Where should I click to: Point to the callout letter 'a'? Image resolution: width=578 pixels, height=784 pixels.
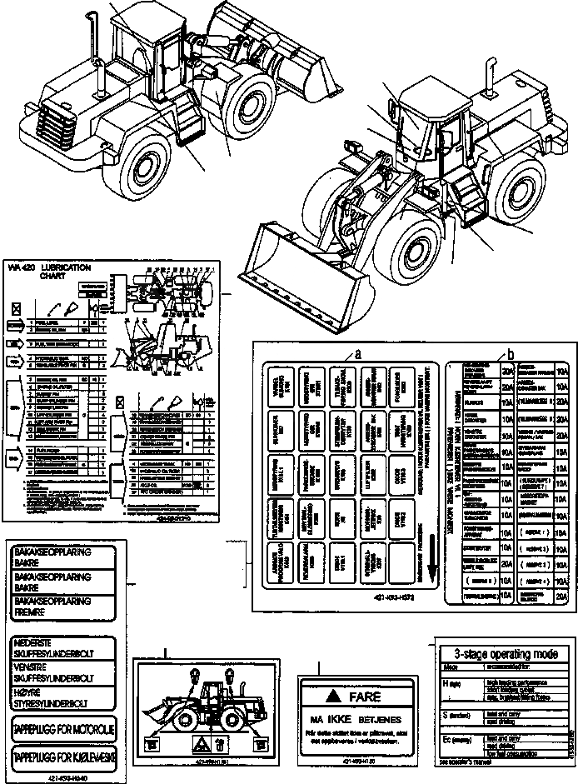tap(357, 353)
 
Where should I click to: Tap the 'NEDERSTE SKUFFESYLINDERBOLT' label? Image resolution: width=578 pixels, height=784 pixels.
tap(62, 647)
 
